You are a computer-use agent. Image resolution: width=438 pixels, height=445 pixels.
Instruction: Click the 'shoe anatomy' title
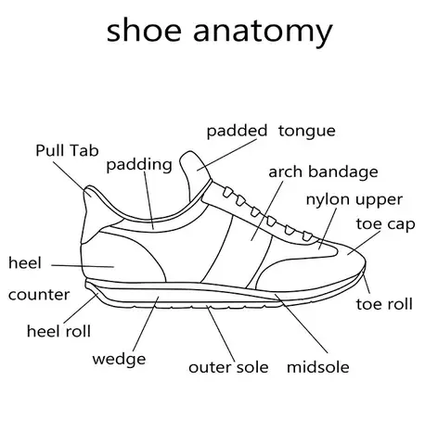[219, 32]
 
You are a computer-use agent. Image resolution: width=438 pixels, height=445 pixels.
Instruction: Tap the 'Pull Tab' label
[67, 150]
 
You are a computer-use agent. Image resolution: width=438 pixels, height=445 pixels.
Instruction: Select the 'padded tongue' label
[271, 132]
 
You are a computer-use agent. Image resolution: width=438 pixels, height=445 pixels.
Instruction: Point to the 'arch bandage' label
[323, 172]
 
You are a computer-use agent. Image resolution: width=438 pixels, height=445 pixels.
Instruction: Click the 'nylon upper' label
[354, 200]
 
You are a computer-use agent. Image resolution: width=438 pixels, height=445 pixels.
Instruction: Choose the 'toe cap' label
[385, 224]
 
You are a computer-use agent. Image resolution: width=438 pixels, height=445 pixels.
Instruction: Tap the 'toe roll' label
[384, 304]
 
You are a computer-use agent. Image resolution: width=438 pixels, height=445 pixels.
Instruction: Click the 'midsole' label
[318, 367]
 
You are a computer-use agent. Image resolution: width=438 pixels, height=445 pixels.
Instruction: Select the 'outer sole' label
[228, 367]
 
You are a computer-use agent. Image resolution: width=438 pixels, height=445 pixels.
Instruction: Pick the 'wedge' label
[119, 360]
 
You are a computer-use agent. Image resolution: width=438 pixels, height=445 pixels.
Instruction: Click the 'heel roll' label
[58, 331]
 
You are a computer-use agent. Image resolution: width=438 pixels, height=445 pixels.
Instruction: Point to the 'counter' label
[39, 295]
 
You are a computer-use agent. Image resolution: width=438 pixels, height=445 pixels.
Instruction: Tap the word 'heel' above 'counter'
[25, 262]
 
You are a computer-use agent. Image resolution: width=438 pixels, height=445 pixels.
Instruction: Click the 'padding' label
[139, 165]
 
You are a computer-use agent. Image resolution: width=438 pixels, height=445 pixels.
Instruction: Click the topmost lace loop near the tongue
[227, 192]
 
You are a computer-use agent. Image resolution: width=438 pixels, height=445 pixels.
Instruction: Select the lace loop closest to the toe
[307, 236]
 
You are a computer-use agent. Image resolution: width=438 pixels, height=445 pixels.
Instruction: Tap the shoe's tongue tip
[189, 153]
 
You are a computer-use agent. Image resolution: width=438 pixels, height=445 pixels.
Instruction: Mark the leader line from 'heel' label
[83, 266]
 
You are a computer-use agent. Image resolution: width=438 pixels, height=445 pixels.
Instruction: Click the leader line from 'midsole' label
[301, 324]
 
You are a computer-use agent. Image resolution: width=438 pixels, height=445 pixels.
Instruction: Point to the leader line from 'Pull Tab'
[71, 179]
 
